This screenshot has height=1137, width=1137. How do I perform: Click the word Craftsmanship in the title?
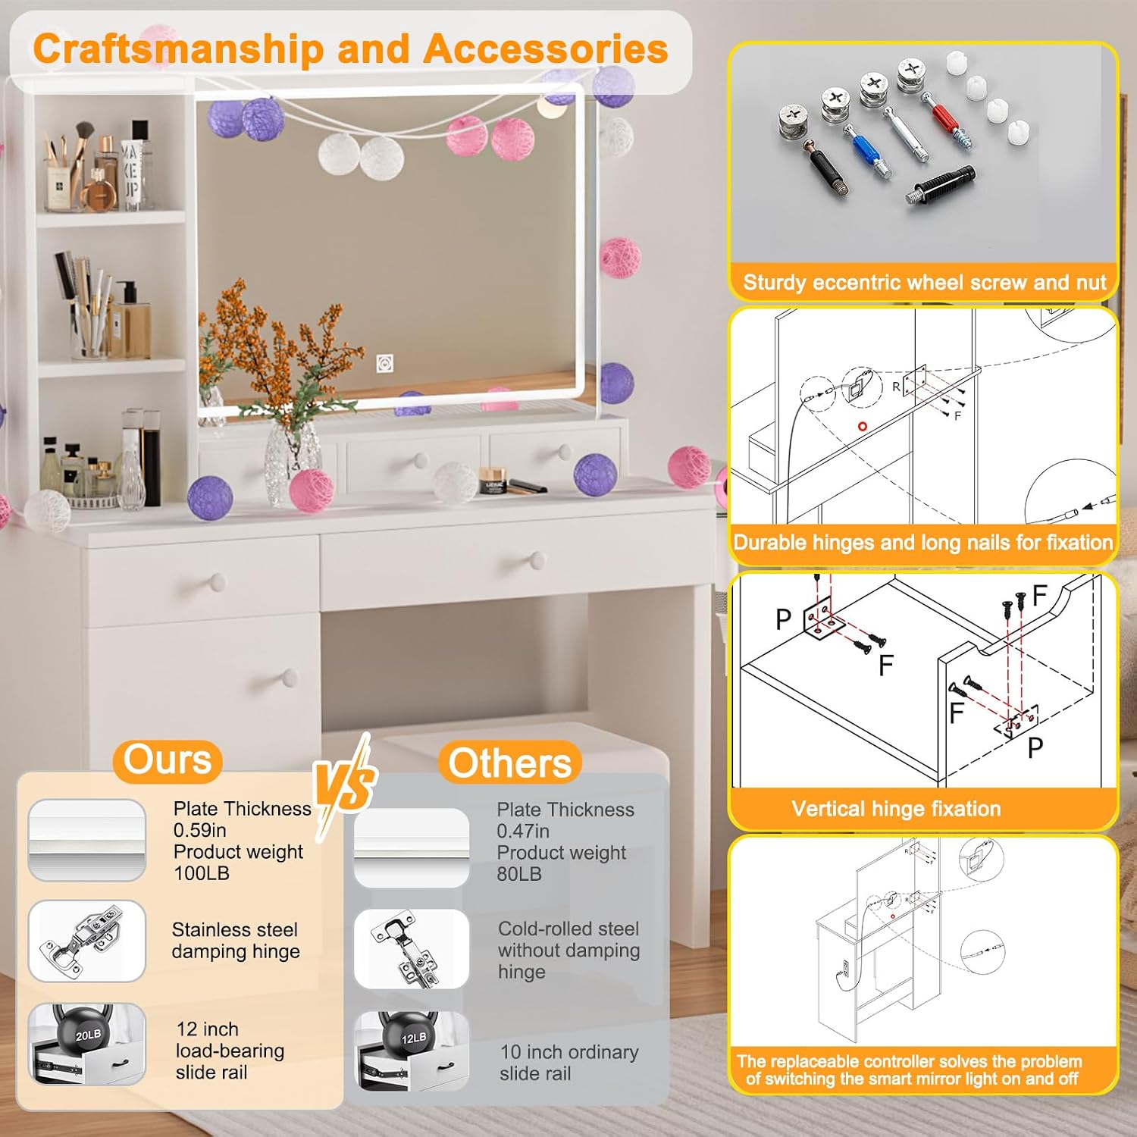[x=179, y=50]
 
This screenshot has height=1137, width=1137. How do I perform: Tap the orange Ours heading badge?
[x=168, y=761]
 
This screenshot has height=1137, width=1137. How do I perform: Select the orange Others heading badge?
[x=509, y=763]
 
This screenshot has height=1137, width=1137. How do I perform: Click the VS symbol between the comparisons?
[x=345, y=786]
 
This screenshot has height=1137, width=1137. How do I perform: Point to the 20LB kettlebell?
[x=88, y=1032]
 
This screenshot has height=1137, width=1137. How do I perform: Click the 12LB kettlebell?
[x=413, y=1037]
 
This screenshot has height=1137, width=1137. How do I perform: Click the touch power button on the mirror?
[x=385, y=364]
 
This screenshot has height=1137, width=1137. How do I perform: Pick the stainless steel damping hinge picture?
[x=86, y=941]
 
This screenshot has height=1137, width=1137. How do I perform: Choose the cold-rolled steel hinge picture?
[x=412, y=949]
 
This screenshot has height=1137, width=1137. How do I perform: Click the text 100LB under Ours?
[x=202, y=873]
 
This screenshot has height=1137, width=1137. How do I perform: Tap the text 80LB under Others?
[x=519, y=874]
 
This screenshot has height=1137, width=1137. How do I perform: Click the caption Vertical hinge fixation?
[x=896, y=809]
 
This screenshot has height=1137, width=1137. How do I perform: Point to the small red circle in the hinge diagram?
[x=862, y=427]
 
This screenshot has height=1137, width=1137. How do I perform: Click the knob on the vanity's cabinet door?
[x=290, y=676]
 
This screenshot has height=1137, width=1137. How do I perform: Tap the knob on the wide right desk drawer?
[x=537, y=561]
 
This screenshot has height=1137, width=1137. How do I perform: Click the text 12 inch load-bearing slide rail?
[x=230, y=1051]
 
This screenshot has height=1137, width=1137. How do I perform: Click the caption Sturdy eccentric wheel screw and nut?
[x=924, y=283]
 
